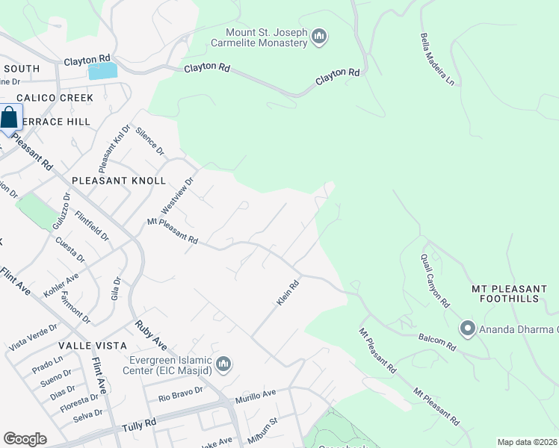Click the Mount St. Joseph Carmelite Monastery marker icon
(x=319, y=36)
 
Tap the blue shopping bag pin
(x=10, y=119)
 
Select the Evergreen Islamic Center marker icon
(x=223, y=364)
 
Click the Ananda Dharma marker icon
(x=468, y=328)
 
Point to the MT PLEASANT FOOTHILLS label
(x=510, y=293)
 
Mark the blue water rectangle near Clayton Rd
(x=103, y=72)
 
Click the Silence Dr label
(x=149, y=140)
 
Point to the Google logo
(x=25, y=439)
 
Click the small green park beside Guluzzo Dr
(x=35, y=212)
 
